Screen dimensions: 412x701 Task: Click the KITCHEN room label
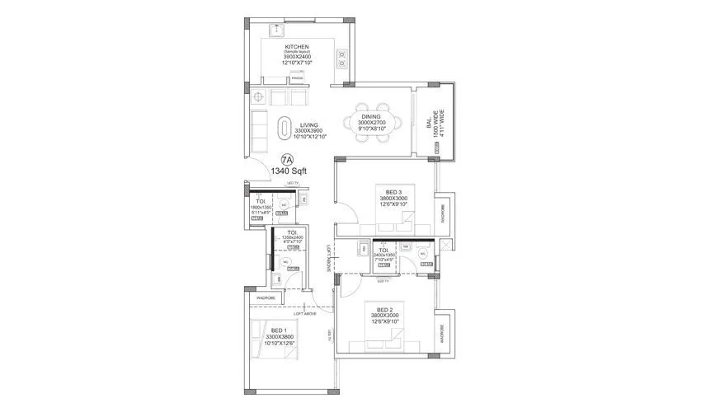coord(297,47)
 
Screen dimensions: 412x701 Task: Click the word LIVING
coord(310,124)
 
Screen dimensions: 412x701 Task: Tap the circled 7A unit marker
coord(286,160)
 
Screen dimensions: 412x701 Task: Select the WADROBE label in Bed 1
coord(266,297)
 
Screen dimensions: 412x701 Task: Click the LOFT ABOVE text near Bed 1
coord(305,313)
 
